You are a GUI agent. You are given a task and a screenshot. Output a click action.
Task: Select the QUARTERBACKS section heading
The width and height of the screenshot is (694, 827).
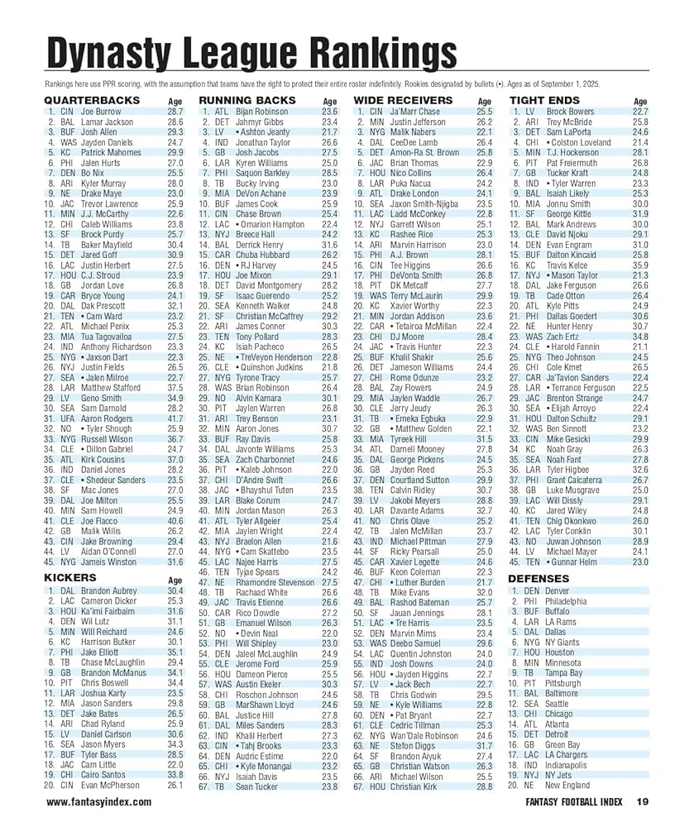[92, 100]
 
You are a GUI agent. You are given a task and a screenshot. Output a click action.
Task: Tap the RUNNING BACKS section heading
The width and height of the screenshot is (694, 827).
[247, 100]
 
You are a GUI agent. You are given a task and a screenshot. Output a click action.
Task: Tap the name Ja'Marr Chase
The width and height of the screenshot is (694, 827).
[415, 111]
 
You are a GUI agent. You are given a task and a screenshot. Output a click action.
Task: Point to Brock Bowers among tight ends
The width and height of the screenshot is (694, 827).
[570, 111]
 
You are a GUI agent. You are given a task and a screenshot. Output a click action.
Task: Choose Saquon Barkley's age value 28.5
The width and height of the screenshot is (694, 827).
[330, 174]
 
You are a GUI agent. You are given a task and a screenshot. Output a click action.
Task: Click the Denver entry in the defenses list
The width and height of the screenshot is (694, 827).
[558, 591]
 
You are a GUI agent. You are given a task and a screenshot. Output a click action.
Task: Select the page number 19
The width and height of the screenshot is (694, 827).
[643, 801]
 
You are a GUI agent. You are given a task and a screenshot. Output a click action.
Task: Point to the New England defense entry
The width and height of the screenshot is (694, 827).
[567, 785]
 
